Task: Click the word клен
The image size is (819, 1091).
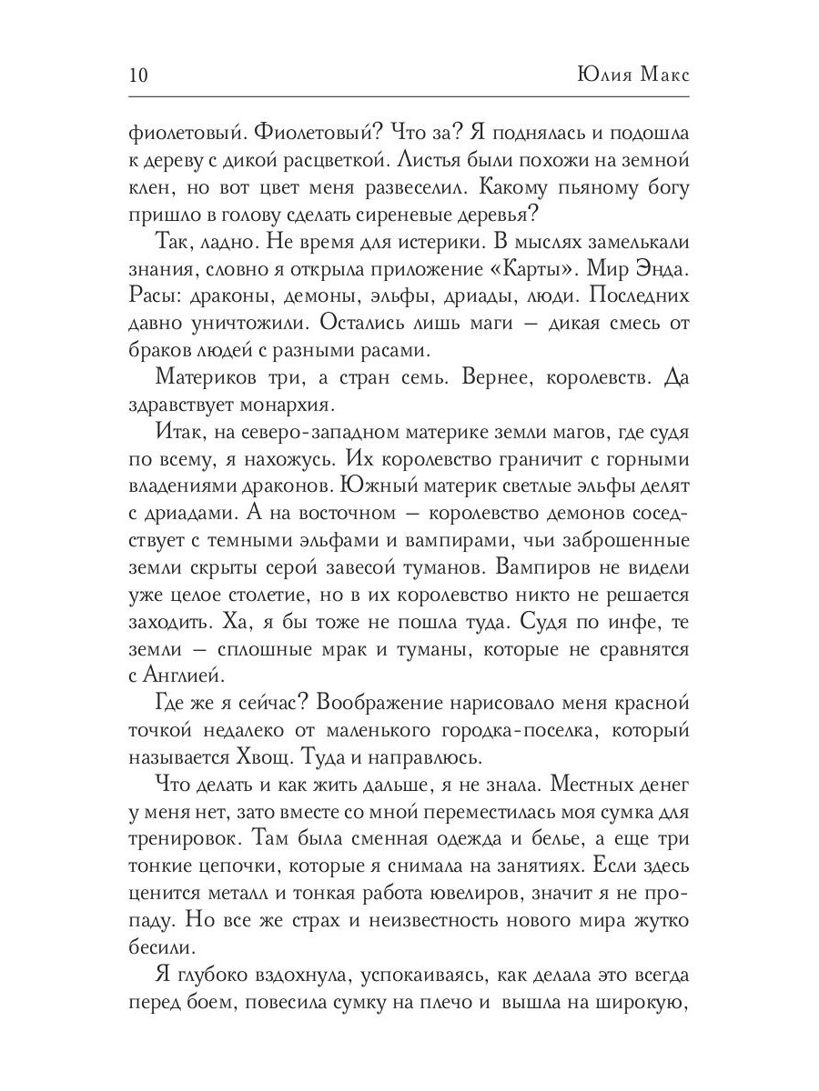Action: click(x=149, y=193)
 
